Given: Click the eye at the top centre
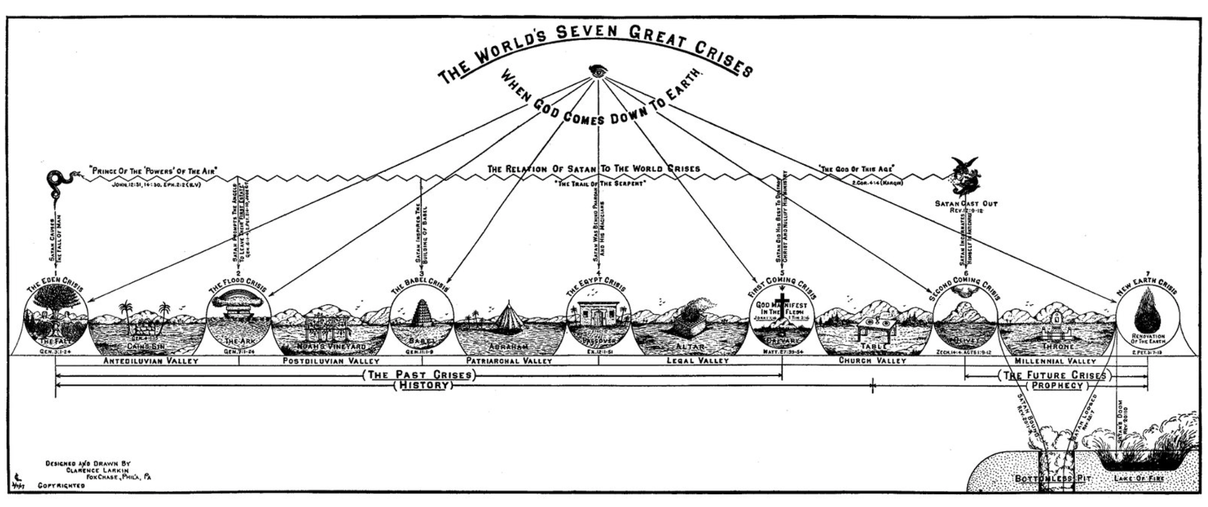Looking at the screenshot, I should (x=598, y=71).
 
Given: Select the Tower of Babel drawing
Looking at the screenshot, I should (x=422, y=319).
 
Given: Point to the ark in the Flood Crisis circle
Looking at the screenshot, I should (x=237, y=312).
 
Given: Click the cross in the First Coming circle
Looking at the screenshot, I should (x=783, y=305).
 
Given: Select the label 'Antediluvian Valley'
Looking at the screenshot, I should (x=151, y=361).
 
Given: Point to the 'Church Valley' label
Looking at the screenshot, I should (x=872, y=361).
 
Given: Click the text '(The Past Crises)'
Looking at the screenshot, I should (x=419, y=375).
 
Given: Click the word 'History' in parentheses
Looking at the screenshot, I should (x=423, y=386).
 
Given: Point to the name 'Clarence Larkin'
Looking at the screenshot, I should (x=96, y=470).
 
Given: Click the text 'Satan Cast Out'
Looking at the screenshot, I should (x=966, y=203).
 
